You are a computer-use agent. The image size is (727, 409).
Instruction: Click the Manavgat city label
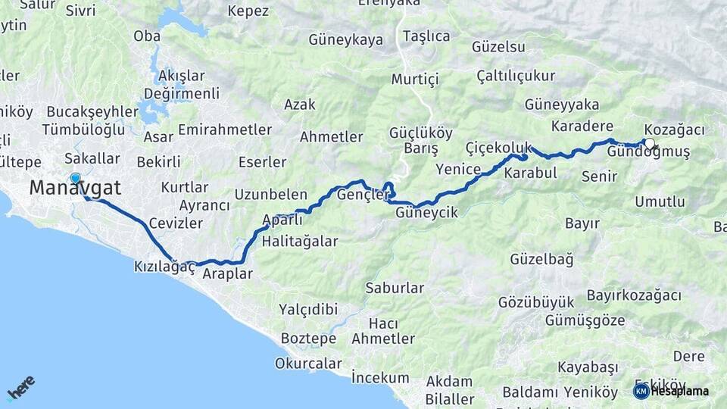click(75, 189)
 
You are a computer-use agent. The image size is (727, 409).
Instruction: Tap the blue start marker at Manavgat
click(75, 179)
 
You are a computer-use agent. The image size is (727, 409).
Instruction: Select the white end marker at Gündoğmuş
click(649, 143)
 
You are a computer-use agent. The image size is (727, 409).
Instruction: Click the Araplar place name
click(227, 274)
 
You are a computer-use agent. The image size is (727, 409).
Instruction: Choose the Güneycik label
click(426, 214)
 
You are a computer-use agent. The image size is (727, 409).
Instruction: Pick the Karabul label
click(530, 173)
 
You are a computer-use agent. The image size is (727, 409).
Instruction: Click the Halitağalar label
click(299, 242)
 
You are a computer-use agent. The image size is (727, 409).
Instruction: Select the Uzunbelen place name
click(270, 195)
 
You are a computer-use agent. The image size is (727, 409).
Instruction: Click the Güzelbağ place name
click(541, 259)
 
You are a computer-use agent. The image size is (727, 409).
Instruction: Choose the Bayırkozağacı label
click(634, 295)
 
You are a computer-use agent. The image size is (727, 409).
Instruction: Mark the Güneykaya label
click(346, 40)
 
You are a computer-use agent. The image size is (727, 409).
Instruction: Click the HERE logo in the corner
click(20, 387)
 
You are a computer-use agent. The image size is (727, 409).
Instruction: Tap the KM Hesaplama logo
click(671, 391)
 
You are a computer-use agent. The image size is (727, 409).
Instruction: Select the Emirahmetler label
click(225, 130)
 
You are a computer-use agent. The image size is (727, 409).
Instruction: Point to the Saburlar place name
click(395, 288)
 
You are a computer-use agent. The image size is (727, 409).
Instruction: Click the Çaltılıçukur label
click(516, 76)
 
